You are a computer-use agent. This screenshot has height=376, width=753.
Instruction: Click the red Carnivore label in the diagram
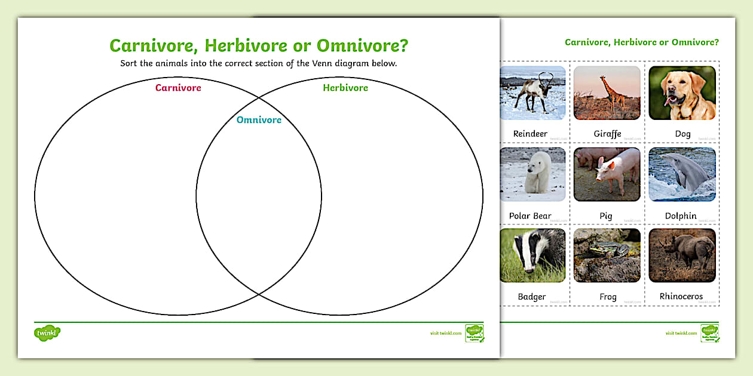tap(178, 88)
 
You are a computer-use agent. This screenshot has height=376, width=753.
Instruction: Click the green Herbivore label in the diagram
tap(345, 88)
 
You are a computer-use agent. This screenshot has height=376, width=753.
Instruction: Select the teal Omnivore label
tap(259, 120)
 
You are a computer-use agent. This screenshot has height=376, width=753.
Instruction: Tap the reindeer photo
tap(532, 93)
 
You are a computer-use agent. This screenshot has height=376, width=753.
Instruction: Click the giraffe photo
tap(607, 93)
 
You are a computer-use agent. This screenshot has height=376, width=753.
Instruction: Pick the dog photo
tap(682, 93)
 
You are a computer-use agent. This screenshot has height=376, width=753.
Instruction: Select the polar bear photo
tap(532, 174)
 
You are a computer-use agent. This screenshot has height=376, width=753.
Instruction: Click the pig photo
tap(607, 174)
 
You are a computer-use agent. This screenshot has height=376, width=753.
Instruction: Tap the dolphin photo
tap(682, 174)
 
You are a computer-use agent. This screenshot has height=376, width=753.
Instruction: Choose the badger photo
tap(532, 255)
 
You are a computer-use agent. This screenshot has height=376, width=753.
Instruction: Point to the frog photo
tap(607, 255)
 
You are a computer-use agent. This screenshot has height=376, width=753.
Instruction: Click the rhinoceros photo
tap(682, 255)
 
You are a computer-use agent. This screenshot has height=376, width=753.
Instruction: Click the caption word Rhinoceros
tap(681, 297)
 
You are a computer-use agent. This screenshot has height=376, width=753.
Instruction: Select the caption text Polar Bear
tap(530, 216)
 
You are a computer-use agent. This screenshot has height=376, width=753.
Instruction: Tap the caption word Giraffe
tap(607, 134)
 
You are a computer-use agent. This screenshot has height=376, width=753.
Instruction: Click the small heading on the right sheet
tap(641, 42)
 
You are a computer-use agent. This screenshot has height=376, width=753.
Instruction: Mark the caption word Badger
tap(532, 297)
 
